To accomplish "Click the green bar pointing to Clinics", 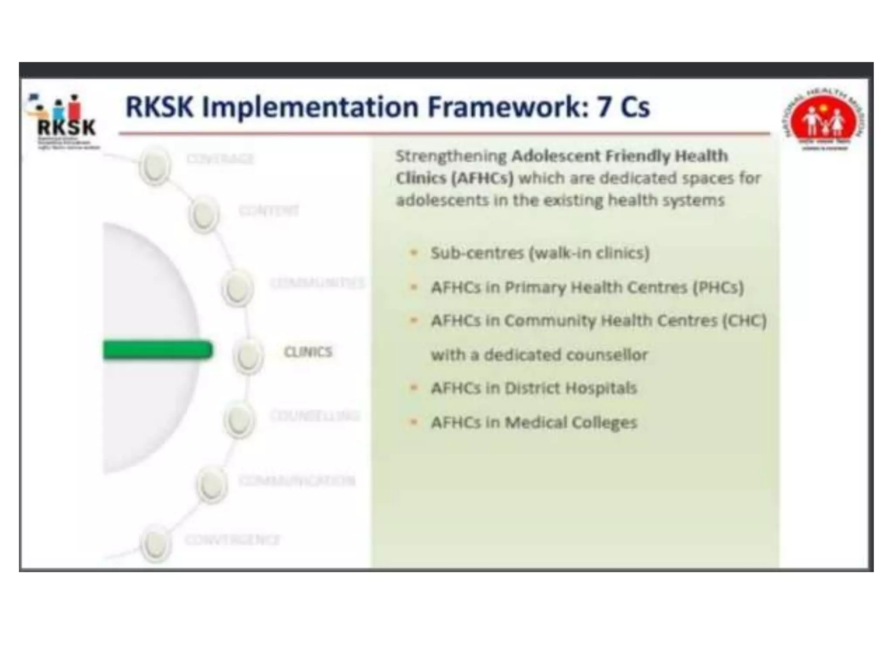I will [157, 350].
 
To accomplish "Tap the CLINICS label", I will [308, 352].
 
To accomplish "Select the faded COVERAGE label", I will [220, 158].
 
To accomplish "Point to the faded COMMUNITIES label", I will [317, 283].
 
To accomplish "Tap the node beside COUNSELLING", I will [239, 420].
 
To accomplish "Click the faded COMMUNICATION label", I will [297, 481].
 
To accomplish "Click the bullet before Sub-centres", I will [414, 253].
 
